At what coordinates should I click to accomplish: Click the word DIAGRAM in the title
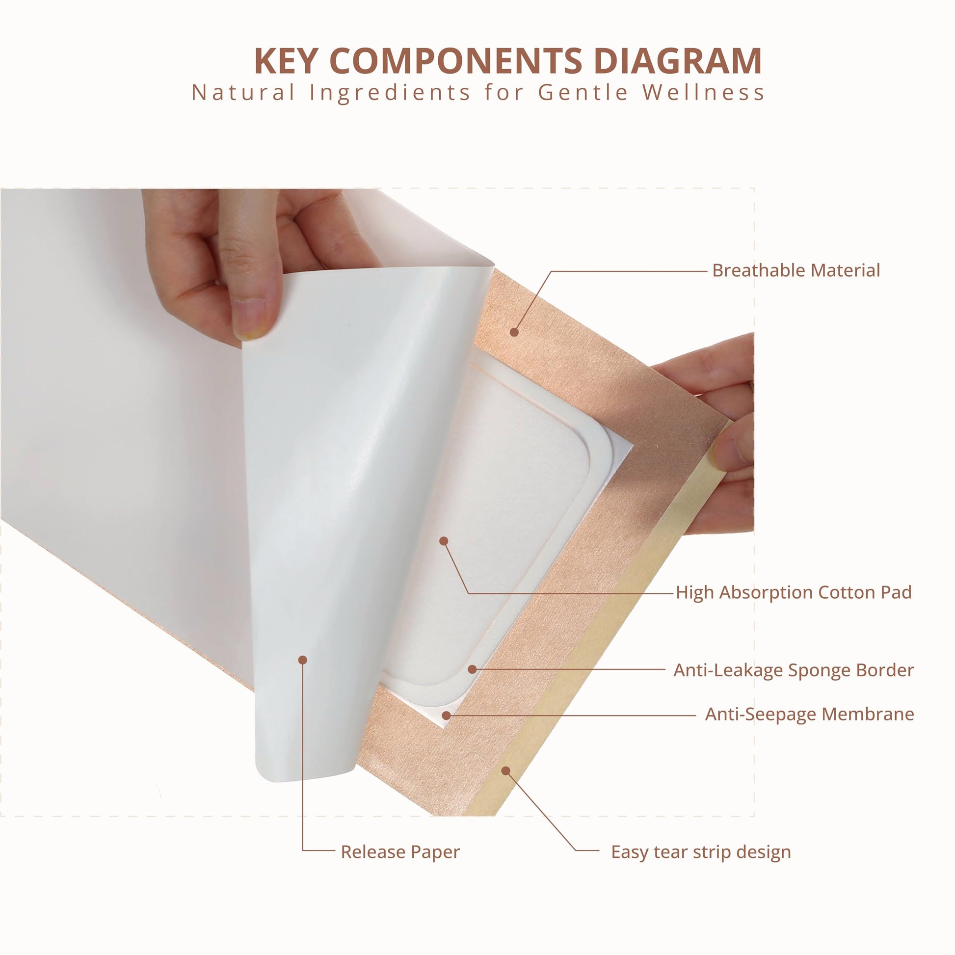[678, 61]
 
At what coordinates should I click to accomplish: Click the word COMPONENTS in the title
[455, 61]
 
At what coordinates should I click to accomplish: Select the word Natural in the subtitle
[244, 92]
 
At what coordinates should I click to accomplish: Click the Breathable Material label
[796, 270]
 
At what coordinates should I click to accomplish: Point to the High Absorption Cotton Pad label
[794, 592]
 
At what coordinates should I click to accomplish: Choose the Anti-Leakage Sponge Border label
[794, 670]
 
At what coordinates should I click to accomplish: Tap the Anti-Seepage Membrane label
[809, 714]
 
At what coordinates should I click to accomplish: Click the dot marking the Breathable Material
[514, 332]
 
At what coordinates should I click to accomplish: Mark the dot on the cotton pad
[444, 541]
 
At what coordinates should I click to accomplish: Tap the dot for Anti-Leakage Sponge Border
[472, 669]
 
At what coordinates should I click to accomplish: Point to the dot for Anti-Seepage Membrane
[447, 715]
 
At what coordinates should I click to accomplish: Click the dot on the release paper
[303, 660]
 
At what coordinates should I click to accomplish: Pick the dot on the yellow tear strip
[505, 770]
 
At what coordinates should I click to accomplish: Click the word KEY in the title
[286, 61]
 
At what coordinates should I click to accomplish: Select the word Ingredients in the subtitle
[391, 92]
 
